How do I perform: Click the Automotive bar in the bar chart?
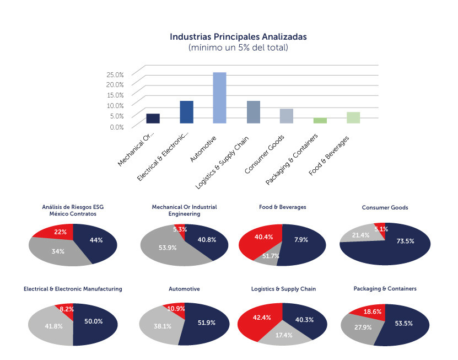click(x=219, y=98)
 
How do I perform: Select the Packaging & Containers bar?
click(x=320, y=120)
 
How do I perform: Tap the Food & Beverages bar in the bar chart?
click(x=353, y=117)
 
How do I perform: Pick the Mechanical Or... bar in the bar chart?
click(x=153, y=118)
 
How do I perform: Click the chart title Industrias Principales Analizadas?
click(x=238, y=37)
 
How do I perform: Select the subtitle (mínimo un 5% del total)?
click(x=238, y=48)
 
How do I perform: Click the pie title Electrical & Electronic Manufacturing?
click(x=73, y=289)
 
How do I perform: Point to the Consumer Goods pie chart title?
click(x=384, y=208)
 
